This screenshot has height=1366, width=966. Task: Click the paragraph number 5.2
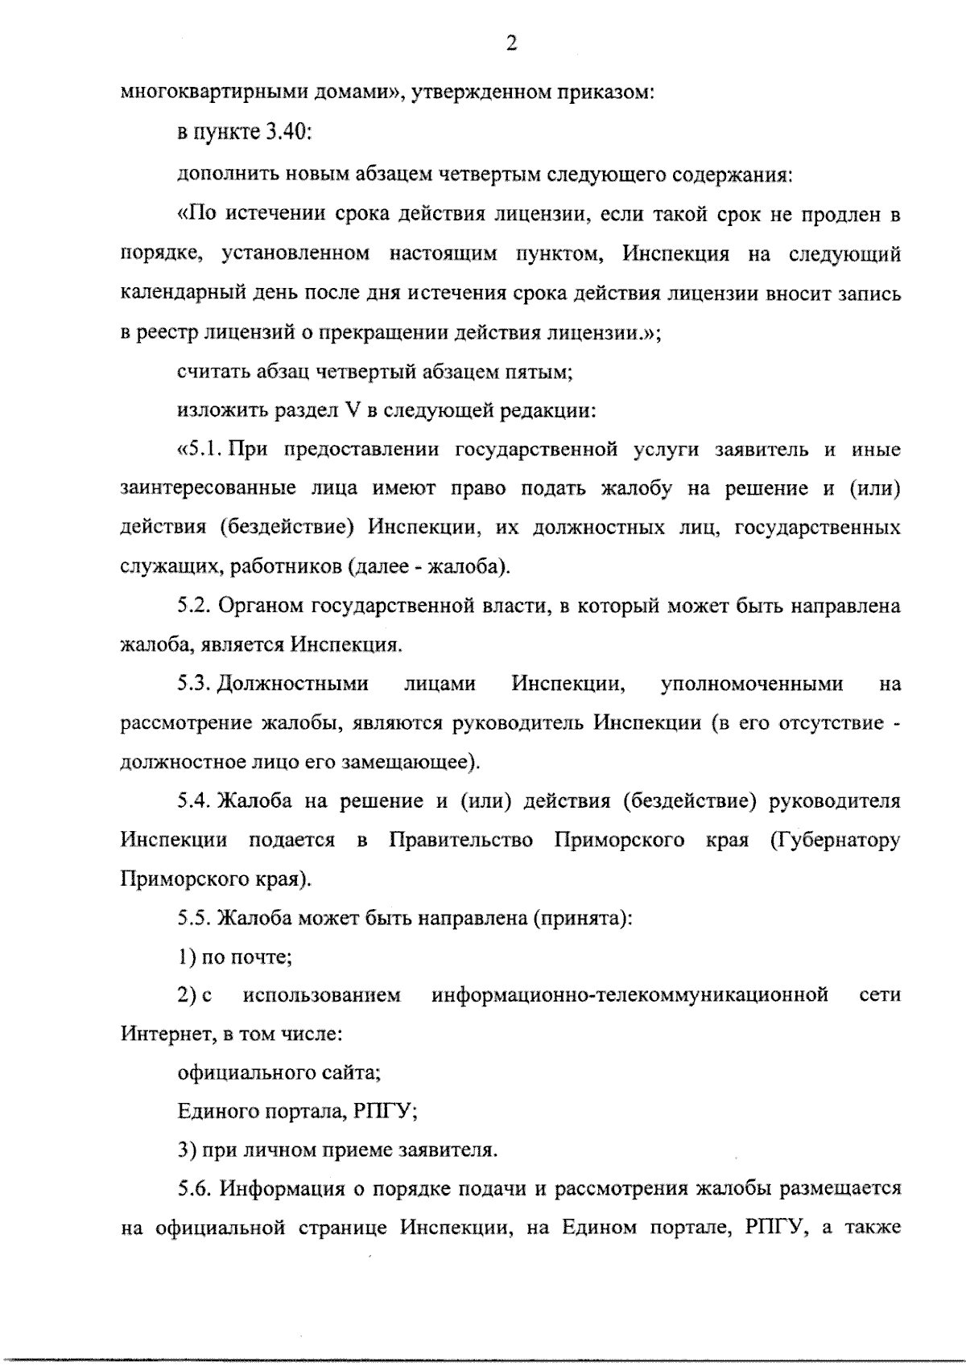(x=194, y=606)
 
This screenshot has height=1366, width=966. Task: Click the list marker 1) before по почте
(x=187, y=957)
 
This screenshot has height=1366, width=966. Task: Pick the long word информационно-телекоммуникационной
(x=630, y=996)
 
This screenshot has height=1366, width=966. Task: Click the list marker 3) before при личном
(x=188, y=1150)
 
